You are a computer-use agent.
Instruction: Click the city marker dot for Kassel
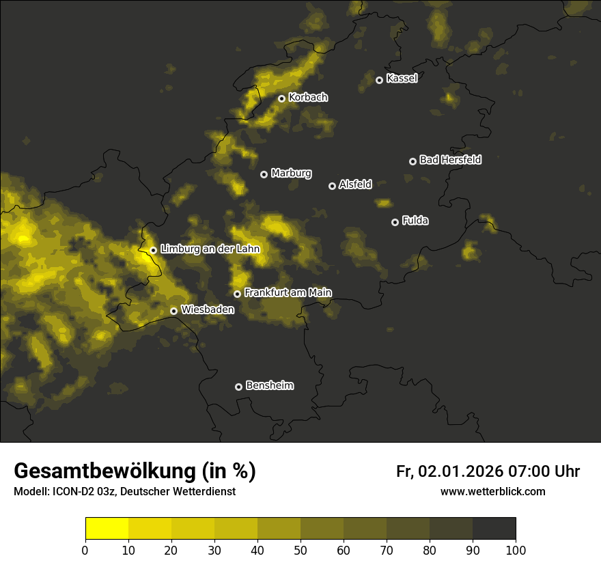pyautogui.click(x=379, y=80)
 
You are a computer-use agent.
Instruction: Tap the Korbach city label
pyautogui.click(x=308, y=97)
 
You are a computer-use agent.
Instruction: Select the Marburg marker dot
pyautogui.click(x=264, y=174)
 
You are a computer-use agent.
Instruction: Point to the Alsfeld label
pyautogui.click(x=355, y=184)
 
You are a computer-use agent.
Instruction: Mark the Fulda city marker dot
pyautogui.click(x=395, y=222)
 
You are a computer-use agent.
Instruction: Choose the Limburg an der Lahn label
pyautogui.click(x=210, y=249)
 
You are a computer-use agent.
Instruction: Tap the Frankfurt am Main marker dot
pyautogui.click(x=237, y=294)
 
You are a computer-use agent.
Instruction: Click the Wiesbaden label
pyautogui.click(x=208, y=309)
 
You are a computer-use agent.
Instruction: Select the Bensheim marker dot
pyautogui.click(x=238, y=387)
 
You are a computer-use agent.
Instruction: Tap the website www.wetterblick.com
pyautogui.click(x=492, y=491)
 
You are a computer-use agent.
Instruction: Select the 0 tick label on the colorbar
pyautogui.click(x=85, y=549)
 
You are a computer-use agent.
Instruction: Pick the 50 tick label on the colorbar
pyautogui.click(x=300, y=549)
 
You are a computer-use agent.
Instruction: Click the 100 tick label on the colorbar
pyautogui.click(x=516, y=549)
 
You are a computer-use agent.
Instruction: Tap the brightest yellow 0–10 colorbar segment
pyautogui.click(x=107, y=529)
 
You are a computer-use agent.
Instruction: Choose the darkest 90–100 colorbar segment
pyautogui.click(x=494, y=529)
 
